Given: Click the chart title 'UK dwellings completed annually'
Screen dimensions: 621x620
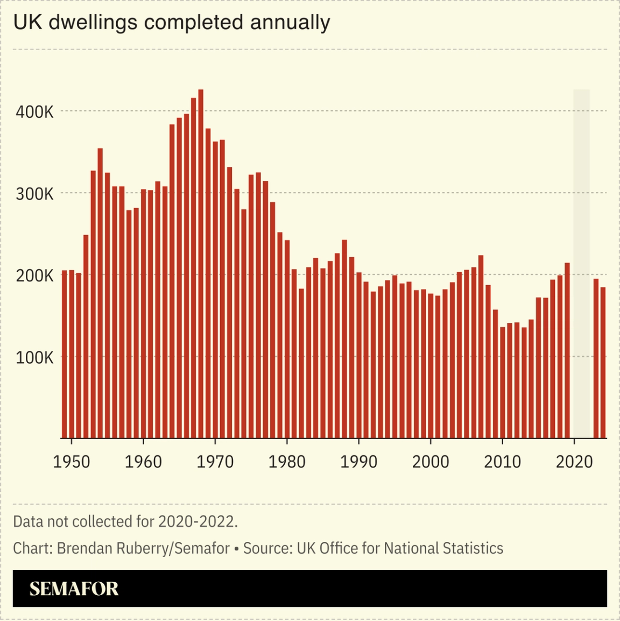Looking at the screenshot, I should click(171, 23).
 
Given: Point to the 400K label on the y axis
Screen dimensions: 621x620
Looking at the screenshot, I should click(34, 112).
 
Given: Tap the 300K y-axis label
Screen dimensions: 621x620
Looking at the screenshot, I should click(34, 194).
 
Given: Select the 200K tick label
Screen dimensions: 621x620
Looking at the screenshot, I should click(34, 276).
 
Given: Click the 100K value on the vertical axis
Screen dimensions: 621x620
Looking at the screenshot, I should click(34, 357).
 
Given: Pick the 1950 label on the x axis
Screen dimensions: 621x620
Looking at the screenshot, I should click(71, 462).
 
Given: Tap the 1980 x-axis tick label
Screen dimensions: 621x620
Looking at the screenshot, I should click(287, 462).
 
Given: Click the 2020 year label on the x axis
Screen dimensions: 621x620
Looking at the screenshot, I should click(574, 462).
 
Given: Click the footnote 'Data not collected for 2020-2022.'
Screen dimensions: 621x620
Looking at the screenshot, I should click(125, 521).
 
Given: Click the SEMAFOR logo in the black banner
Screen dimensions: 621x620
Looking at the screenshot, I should click(74, 589).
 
